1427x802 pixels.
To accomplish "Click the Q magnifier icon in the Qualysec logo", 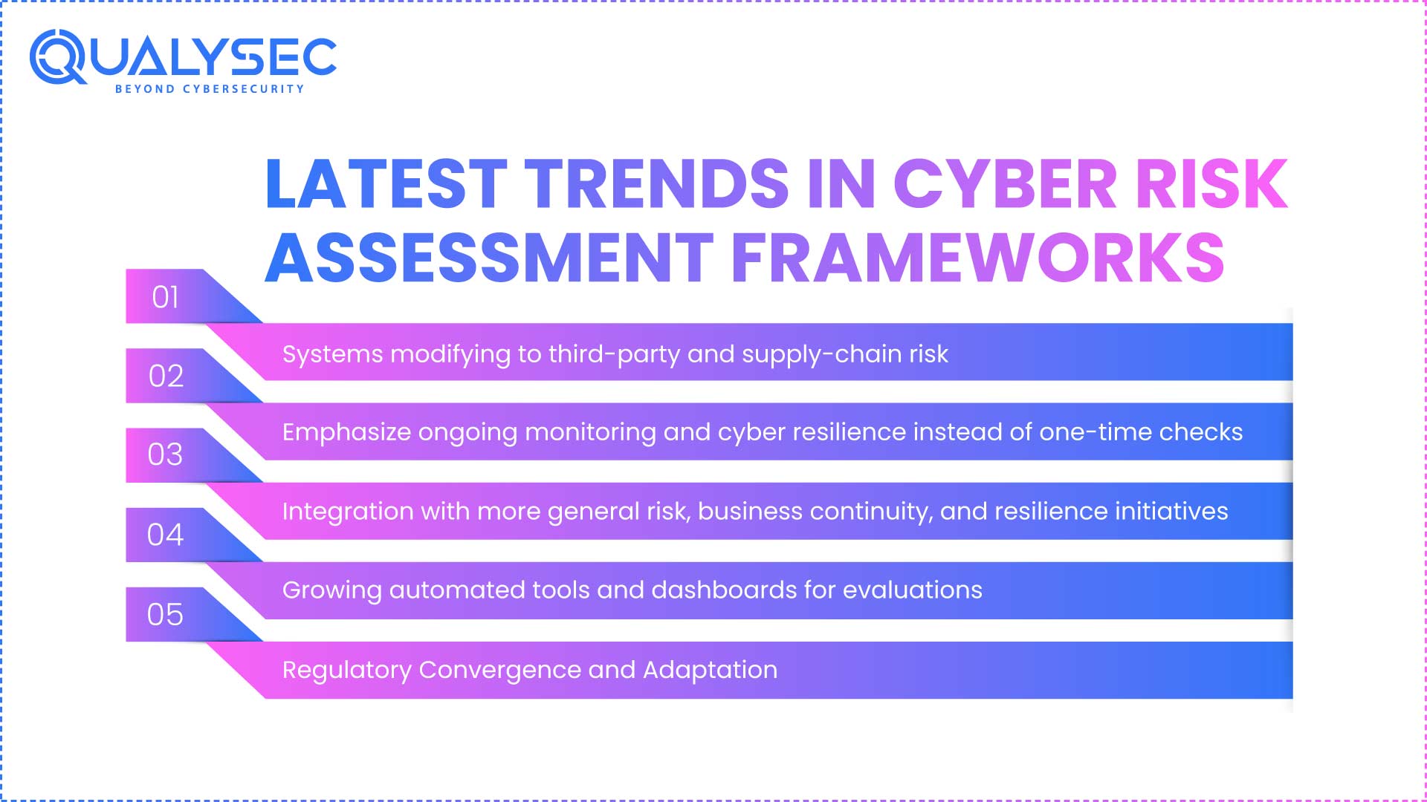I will (x=57, y=56).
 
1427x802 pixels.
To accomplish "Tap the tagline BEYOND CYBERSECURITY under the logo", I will (x=210, y=89).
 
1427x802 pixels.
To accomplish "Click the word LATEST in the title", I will (x=386, y=183).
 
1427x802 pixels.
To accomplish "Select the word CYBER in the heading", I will (x=1004, y=183).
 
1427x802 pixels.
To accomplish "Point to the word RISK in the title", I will (x=1211, y=183).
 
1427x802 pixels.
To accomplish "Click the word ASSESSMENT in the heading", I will (x=489, y=258).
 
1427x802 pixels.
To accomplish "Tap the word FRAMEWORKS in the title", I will (x=977, y=258).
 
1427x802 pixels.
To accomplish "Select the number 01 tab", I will (x=165, y=297).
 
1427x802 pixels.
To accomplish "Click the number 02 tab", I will (x=166, y=376).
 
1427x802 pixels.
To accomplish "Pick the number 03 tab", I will (x=165, y=454).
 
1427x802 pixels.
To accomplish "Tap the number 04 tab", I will (x=165, y=535).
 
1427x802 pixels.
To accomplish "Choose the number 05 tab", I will (x=165, y=615).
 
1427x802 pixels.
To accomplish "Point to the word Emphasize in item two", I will (x=346, y=432).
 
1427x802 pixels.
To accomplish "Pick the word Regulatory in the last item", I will (x=346, y=671).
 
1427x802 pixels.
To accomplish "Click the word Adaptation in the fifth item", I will (x=710, y=670).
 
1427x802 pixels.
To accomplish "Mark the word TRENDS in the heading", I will (x=657, y=183).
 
